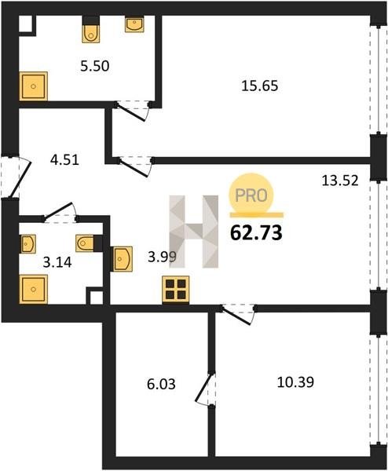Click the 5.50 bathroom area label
coord(95,66)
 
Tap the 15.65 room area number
coord(260,86)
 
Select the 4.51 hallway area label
coord(64,159)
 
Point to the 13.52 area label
coord(340,181)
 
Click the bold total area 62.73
coord(256,233)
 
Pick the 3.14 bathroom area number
coord(57,262)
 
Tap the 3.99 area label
coord(162,257)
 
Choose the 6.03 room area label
coord(161,384)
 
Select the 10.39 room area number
coord(295,382)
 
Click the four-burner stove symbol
coord(176,289)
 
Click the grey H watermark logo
coord(194,232)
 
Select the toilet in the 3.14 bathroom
coord(85,243)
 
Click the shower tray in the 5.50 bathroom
coord(33,86)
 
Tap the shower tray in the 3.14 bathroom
coord(33,289)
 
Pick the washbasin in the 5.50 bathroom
coord(134,24)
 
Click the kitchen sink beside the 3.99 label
coord(122,259)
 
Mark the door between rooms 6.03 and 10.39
coord(206,389)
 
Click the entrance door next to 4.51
coord(16,177)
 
